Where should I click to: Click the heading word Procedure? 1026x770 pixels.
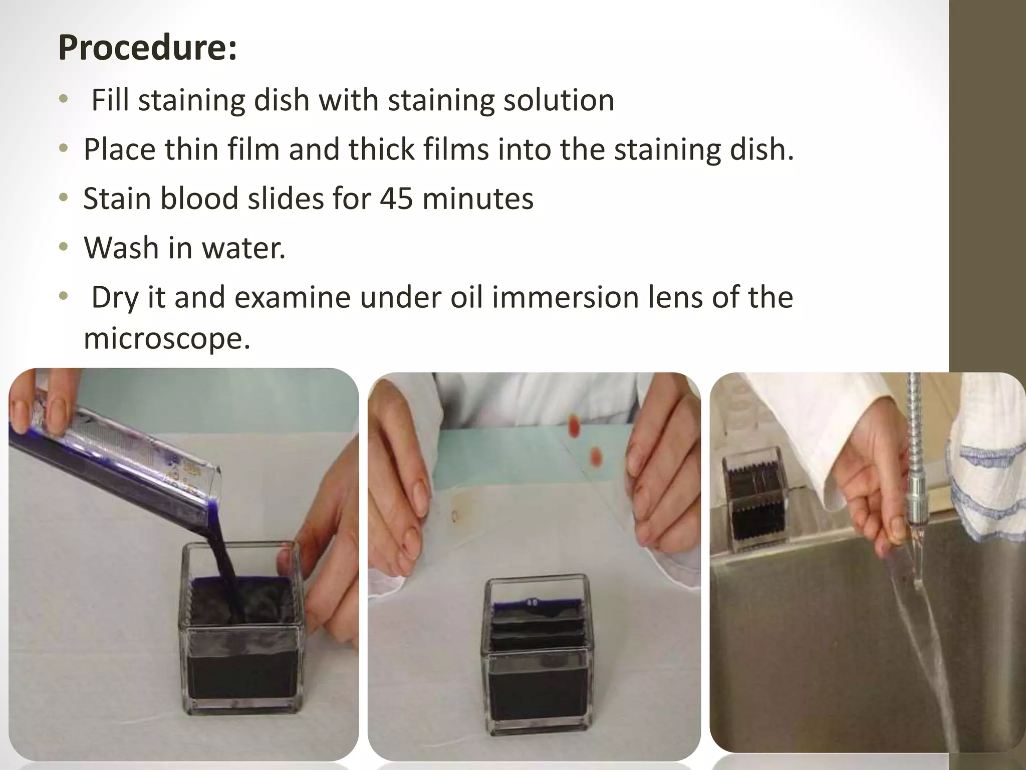(x=147, y=48)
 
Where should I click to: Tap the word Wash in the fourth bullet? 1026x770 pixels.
(x=121, y=248)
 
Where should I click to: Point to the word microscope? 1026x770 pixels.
(x=166, y=339)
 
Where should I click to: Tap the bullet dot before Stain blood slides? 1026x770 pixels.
(x=63, y=199)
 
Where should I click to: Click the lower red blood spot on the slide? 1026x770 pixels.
(x=596, y=456)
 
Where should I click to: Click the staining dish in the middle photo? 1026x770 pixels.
(x=537, y=662)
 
